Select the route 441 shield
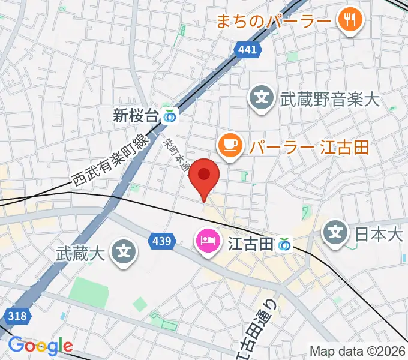point(248,50)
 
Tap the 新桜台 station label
point(137,115)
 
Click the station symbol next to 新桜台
point(171,116)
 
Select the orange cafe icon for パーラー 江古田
point(230,145)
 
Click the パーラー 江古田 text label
point(308,146)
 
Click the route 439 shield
point(161,241)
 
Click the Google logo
point(40,346)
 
